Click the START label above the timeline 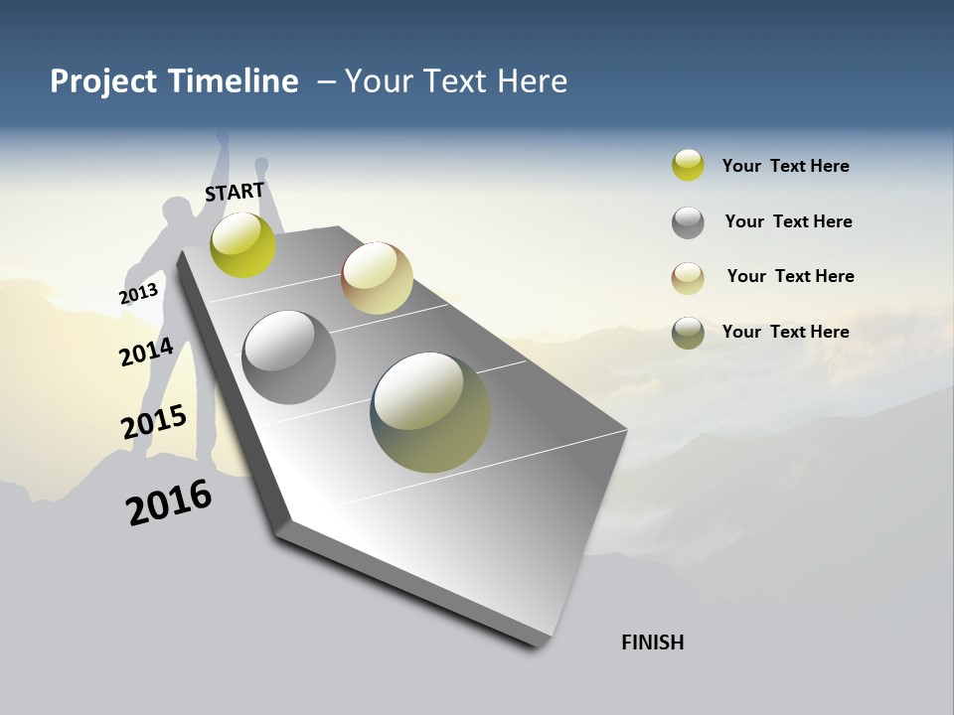pos(235,191)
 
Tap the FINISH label pos(653,643)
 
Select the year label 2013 pos(139,293)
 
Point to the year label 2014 pos(146,352)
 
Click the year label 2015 pos(154,421)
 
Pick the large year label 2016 pos(169,501)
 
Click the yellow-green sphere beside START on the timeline pos(242,244)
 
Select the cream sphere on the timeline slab pos(377,278)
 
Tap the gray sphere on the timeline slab pos(289,357)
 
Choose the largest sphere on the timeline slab pos(430,412)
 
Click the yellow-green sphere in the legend pos(688,165)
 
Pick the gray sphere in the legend pos(688,222)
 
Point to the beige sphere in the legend pos(688,278)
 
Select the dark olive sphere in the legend pos(688,333)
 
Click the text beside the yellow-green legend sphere pos(785,166)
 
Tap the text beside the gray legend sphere pos(788,221)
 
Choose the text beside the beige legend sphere pos(790,276)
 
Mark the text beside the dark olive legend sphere pos(785,332)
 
